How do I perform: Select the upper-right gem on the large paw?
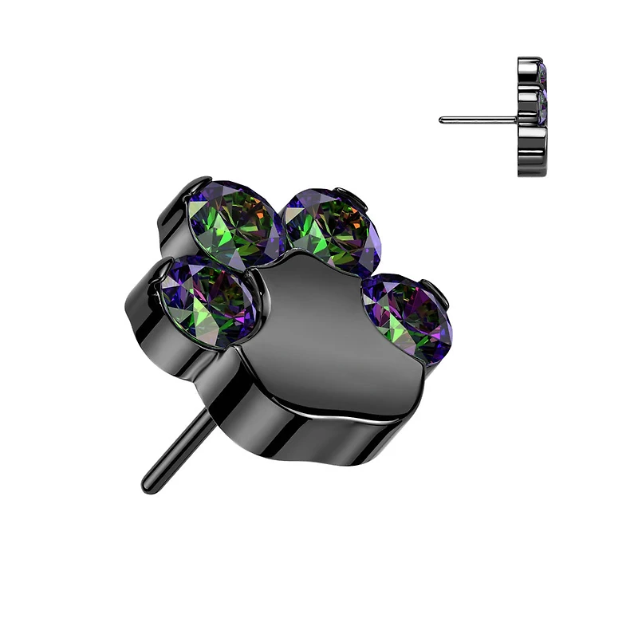[x=333, y=230]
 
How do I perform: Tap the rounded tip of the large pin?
[x=148, y=482]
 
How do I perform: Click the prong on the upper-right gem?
[x=345, y=191]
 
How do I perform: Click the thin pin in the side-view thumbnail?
[x=478, y=120]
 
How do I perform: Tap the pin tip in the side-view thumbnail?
[x=441, y=120]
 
